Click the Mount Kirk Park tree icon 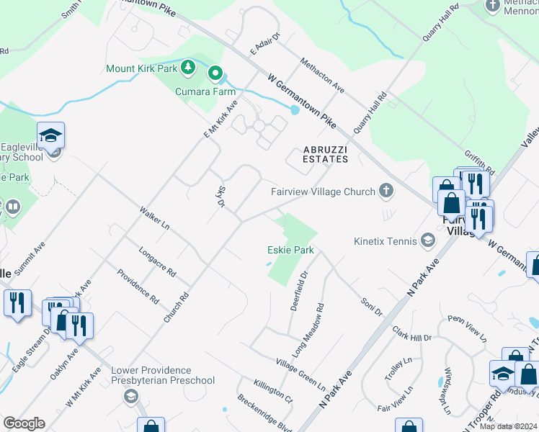click(x=188, y=68)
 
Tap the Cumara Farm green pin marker click(x=215, y=73)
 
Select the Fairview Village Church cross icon click(x=387, y=192)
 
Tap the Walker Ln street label click(x=155, y=218)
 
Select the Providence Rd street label click(x=138, y=286)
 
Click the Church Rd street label click(x=176, y=307)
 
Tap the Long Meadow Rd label click(x=308, y=330)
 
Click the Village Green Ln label click(x=300, y=374)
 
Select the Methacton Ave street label click(x=322, y=75)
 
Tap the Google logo click(x=24, y=423)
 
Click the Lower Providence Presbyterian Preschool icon click(x=130, y=396)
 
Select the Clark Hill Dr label click(x=411, y=333)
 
